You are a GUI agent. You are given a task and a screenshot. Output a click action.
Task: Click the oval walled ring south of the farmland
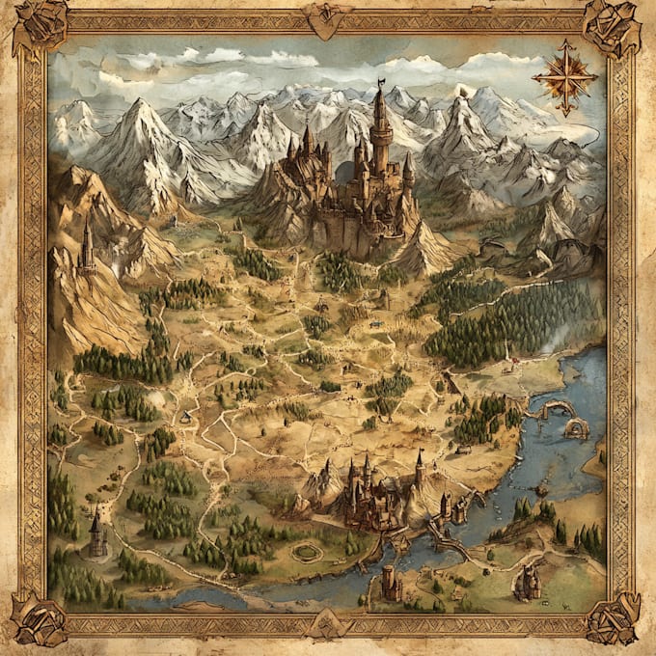(307, 552)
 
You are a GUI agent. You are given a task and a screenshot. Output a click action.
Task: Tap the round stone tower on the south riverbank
(390, 583)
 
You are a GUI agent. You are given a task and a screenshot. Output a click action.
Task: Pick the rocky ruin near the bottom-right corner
(528, 582)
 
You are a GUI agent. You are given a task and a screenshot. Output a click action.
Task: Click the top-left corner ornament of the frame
(40, 26)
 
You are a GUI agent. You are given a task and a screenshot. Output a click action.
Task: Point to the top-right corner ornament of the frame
(613, 27)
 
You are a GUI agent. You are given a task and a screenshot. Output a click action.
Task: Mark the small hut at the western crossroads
(184, 417)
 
